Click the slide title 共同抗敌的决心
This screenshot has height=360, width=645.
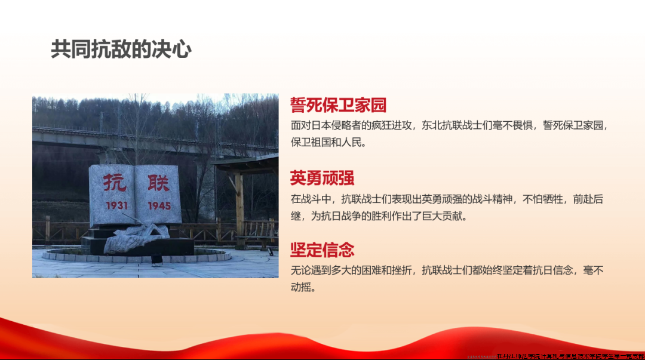coord(121,50)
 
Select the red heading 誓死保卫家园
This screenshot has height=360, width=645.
coord(338,105)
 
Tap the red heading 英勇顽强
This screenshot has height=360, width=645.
coord(322,177)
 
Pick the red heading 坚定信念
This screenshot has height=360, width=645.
coord(322,249)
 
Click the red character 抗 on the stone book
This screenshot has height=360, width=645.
coord(114,181)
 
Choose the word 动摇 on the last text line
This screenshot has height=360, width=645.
coord(303,287)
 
